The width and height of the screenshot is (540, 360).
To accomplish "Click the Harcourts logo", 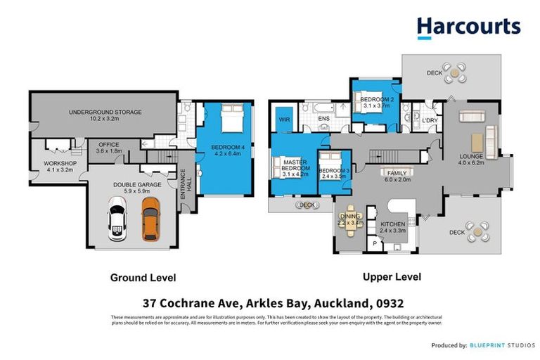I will coord(468,27).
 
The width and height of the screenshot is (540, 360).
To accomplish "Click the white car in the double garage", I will coord(118,218).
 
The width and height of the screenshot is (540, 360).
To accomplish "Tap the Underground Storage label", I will coord(105,115).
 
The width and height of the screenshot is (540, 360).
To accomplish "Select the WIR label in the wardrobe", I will coord(284,120).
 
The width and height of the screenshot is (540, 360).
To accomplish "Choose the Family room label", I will coord(395,174).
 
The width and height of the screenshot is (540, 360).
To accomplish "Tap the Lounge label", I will coord(471,159).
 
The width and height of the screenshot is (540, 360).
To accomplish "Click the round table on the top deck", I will coord(458,71).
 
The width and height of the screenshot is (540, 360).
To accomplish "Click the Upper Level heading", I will coord(392,277).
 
